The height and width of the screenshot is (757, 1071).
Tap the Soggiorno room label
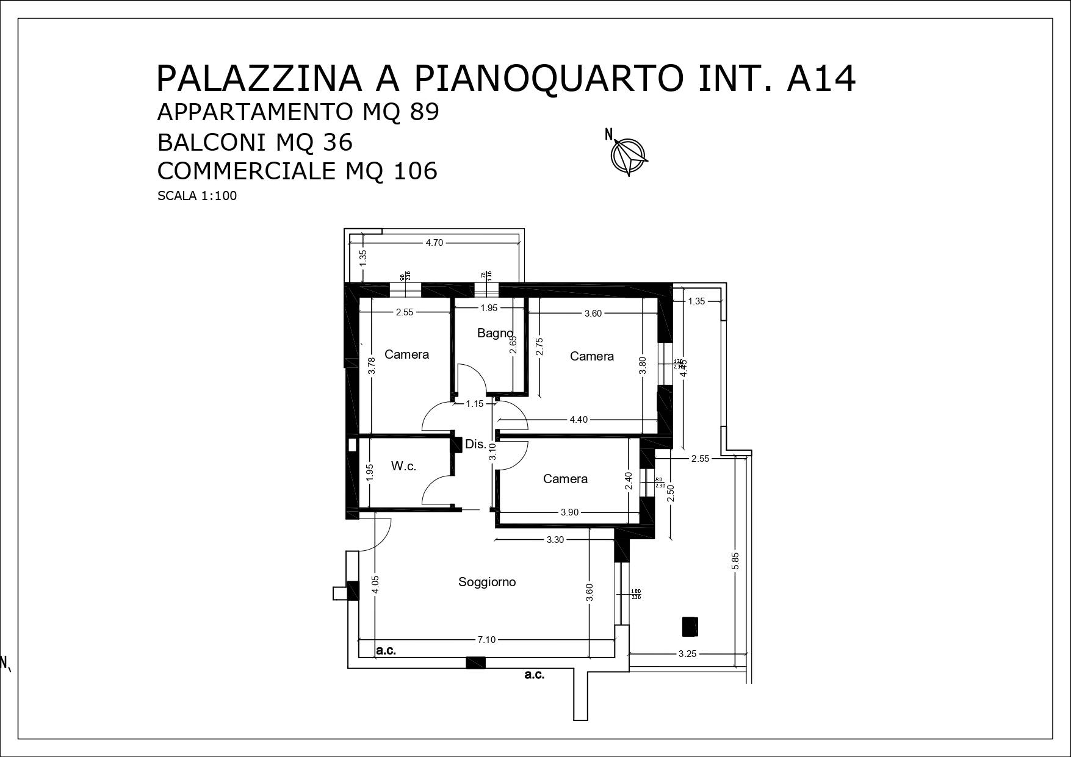[487, 582]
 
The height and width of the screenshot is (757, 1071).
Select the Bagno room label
[494, 333]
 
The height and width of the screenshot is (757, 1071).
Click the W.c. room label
[403, 467]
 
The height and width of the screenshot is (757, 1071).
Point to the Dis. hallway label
[475, 444]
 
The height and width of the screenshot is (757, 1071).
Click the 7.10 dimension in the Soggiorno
[486, 640]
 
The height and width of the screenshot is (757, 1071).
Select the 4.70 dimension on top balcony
[434, 243]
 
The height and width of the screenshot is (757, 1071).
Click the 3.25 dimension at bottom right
[687, 654]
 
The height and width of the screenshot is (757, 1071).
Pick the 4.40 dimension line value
[579, 420]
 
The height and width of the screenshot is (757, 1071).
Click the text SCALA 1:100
[197, 196]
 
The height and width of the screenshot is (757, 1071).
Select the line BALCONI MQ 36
[255, 143]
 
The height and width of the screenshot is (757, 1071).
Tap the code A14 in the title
[821, 79]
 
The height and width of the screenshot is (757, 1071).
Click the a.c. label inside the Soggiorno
[386, 651]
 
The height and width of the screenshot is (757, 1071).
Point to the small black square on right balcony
[690, 626]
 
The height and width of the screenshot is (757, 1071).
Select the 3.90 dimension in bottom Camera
[569, 512]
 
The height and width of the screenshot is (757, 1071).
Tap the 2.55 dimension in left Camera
[405, 312]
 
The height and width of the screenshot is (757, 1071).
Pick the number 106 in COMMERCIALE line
[415, 171]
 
